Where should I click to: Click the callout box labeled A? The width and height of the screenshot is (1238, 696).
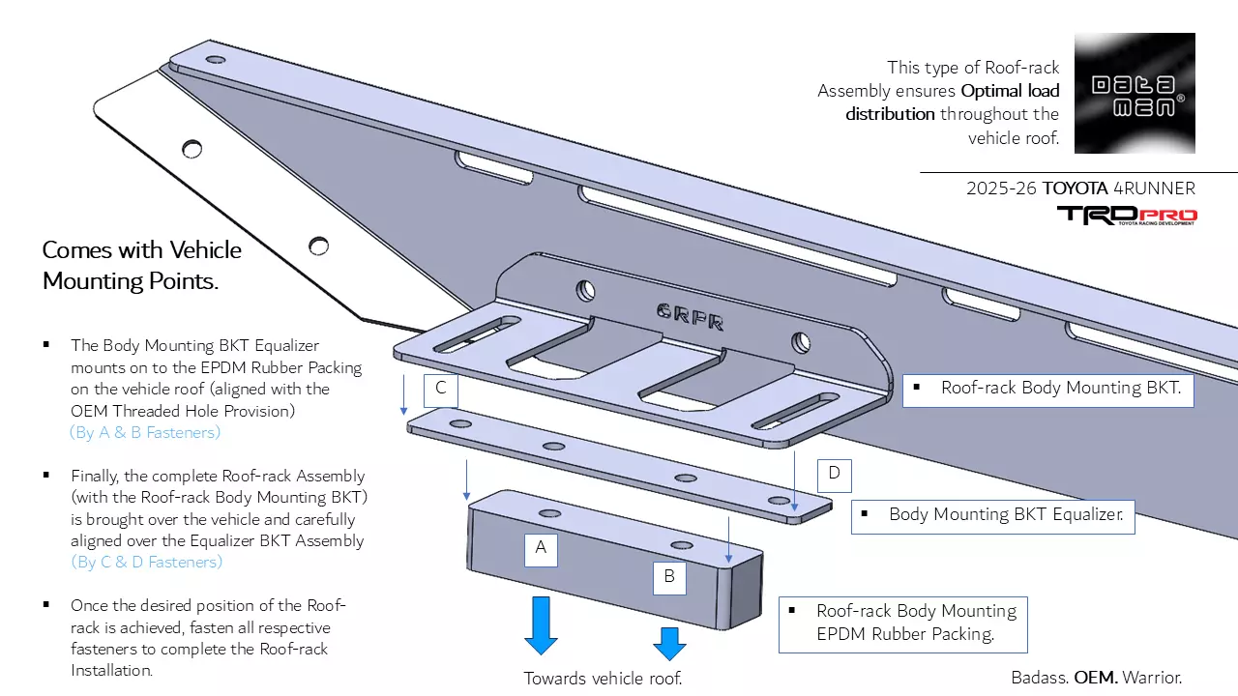541,548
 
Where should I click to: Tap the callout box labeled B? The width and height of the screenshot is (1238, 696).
669,578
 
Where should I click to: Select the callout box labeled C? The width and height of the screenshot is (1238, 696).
440,389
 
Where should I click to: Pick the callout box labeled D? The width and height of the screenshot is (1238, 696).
834,475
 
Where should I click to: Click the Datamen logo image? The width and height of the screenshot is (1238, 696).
1135,93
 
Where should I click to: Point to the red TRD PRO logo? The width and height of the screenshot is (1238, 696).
1127,216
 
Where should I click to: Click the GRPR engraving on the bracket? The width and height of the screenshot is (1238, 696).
691,316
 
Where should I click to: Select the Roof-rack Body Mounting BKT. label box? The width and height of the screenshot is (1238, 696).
1047,389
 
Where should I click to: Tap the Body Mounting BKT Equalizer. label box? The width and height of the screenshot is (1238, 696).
992,515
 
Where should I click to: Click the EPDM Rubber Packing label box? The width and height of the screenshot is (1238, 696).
902,623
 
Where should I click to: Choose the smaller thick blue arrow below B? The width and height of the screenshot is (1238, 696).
668,643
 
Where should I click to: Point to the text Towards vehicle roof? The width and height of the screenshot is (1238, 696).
603,679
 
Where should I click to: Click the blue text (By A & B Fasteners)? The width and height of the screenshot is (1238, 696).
145,432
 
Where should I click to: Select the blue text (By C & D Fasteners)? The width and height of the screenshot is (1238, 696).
146,562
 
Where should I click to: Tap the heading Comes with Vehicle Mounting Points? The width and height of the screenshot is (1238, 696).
142,266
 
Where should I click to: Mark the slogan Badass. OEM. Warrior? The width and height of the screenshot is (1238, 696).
1096,678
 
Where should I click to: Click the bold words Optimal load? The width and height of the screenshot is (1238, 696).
1010,91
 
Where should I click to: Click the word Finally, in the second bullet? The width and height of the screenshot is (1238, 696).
98,476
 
